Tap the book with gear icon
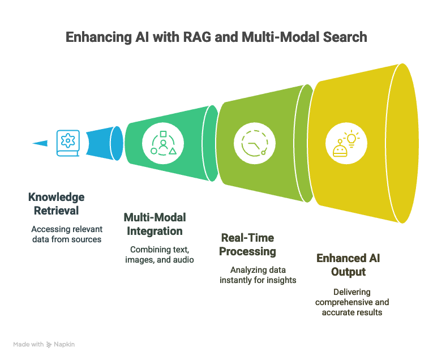click(67, 143)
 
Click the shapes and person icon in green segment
click(163, 144)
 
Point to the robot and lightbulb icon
click(346, 144)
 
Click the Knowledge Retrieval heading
click(56, 204)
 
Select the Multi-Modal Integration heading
click(155, 224)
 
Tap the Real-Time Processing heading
click(248, 244)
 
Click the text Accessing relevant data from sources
click(66, 234)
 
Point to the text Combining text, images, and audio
click(159, 254)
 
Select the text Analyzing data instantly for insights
click(258, 275)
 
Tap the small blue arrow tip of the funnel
click(40, 143)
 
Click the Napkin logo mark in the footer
click(50, 344)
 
